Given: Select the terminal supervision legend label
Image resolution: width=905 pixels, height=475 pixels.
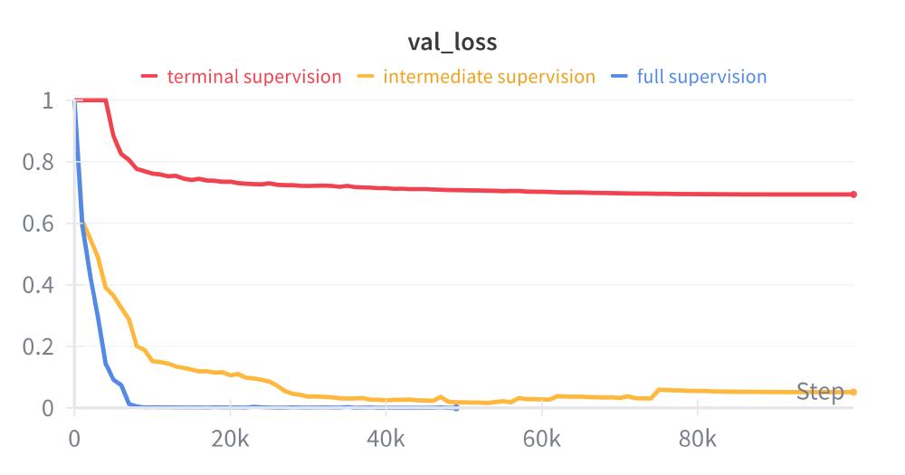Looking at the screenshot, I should [254, 77].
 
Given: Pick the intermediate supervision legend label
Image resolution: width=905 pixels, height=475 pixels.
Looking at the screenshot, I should [490, 77].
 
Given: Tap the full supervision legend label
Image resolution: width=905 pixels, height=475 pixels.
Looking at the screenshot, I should [701, 77].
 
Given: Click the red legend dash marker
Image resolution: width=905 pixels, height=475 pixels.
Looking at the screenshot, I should [149, 77].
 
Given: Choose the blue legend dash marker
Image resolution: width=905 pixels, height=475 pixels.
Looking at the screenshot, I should [620, 77].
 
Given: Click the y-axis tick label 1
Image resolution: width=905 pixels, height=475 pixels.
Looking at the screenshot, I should [47, 100].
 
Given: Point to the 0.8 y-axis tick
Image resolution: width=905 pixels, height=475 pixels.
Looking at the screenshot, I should [38, 162].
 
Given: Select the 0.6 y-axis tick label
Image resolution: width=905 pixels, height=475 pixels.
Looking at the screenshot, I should [38, 223].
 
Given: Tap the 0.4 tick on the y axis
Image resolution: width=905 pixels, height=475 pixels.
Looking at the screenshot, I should [38, 285].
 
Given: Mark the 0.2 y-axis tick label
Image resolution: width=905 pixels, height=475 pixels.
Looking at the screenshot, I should [38, 347].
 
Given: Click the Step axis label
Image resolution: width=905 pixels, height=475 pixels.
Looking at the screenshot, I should [820, 392].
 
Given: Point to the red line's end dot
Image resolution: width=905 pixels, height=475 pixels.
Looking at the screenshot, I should [853, 195].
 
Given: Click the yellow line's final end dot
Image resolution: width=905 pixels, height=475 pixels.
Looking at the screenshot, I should [853, 392].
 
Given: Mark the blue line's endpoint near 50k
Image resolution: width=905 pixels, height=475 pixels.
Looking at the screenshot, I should [456, 408].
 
